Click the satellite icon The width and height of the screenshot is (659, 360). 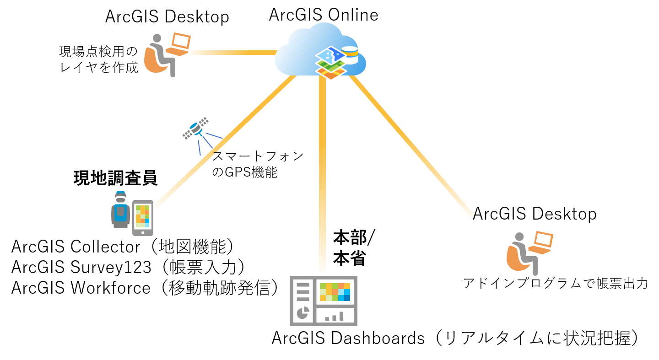[196, 128]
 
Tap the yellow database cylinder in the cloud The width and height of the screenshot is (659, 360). [351, 55]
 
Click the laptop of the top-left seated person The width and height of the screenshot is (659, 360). [180, 44]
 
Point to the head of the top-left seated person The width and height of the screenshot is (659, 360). [157, 38]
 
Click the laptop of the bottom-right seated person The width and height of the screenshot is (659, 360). [542, 242]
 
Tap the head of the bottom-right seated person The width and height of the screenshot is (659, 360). [519, 236]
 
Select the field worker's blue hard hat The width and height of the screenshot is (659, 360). [120, 194]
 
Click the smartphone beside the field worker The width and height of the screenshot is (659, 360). [142, 218]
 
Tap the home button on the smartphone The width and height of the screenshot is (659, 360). [143, 232]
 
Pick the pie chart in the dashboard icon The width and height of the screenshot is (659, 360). [302, 313]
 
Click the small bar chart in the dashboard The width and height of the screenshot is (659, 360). [335, 316]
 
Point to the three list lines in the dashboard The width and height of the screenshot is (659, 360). [303, 291]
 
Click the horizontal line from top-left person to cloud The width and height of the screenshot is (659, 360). [233, 53]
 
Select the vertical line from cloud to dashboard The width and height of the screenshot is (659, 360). [323, 174]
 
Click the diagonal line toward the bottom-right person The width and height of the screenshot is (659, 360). [412, 146]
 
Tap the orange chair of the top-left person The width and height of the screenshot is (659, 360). [152, 62]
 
